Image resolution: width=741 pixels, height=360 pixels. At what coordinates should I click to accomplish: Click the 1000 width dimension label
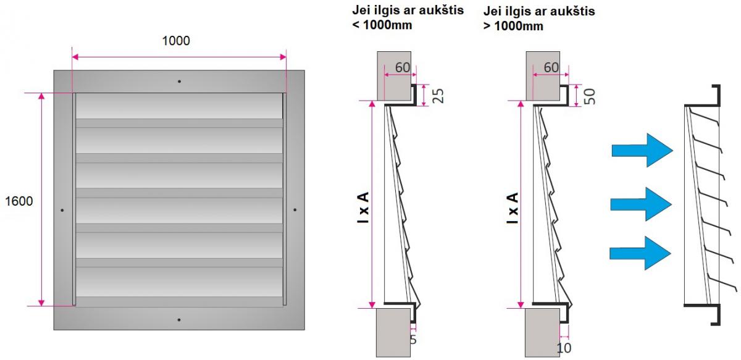click(x=176, y=41)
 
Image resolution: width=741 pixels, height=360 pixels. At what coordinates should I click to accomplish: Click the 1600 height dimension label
click(x=19, y=201)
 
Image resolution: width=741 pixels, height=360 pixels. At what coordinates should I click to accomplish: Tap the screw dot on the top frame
click(x=179, y=82)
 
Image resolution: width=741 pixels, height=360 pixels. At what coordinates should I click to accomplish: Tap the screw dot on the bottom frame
click(x=179, y=320)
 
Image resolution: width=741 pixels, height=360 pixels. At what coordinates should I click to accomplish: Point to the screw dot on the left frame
click(x=62, y=210)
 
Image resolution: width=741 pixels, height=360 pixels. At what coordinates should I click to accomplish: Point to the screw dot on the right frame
click(x=295, y=209)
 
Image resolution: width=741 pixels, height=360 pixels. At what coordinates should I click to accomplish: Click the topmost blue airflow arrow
click(x=642, y=150)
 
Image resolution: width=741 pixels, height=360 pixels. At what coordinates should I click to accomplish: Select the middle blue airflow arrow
click(x=641, y=204)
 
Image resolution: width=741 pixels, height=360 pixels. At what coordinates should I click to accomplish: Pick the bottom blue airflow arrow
click(x=640, y=253)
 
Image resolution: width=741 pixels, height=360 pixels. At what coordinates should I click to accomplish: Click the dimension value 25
click(x=438, y=96)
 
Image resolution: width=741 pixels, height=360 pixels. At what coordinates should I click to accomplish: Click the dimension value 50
click(x=590, y=96)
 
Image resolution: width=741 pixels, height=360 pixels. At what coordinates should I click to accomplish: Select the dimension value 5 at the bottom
click(x=413, y=340)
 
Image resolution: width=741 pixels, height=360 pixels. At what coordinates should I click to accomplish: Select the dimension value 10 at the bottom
click(x=564, y=348)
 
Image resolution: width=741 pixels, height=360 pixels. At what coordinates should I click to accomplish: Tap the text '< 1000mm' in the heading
click(x=382, y=25)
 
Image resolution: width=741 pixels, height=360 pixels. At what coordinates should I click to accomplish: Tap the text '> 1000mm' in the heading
click(x=513, y=26)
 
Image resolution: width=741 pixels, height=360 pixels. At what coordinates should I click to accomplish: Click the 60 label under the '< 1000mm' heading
click(x=403, y=67)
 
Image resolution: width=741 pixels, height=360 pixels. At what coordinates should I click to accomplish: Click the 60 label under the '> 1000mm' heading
click(x=551, y=67)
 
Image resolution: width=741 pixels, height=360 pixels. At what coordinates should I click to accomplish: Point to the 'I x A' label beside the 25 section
click(x=363, y=208)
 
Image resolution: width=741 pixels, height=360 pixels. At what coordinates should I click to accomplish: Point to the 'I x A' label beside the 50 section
click(x=513, y=208)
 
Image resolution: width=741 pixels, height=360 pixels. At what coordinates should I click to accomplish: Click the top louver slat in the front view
click(x=179, y=106)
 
